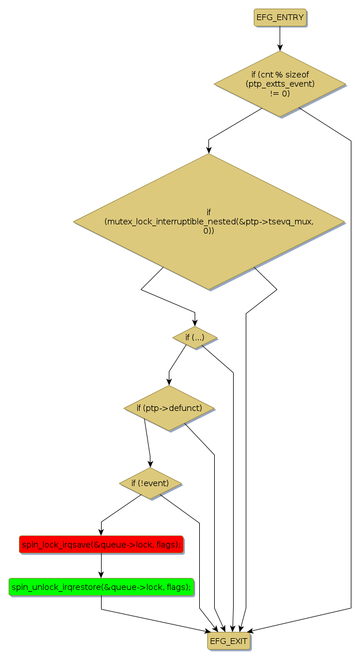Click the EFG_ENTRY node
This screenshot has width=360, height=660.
[x=280, y=17]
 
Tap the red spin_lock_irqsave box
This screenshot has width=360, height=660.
[x=101, y=544]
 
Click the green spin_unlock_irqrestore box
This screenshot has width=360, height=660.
[x=101, y=587]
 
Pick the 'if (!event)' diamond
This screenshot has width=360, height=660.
[x=150, y=483]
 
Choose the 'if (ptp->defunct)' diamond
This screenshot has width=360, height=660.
[x=169, y=408]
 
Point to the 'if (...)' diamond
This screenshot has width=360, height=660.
[x=195, y=337]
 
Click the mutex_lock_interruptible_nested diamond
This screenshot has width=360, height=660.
[x=208, y=222]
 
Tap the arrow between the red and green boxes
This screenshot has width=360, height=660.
[x=101, y=565]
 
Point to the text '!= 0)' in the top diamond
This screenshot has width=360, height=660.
[x=280, y=93]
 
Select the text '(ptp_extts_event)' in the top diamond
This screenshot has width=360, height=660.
[x=280, y=84]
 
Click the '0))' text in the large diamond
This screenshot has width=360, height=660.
[x=208, y=231]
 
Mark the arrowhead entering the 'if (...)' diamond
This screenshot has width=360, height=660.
[x=195, y=324]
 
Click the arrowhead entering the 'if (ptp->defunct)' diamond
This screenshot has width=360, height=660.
[x=169, y=382]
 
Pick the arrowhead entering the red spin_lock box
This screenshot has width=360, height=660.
[x=101, y=532]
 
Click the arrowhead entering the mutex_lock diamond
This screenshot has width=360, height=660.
[x=208, y=150]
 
